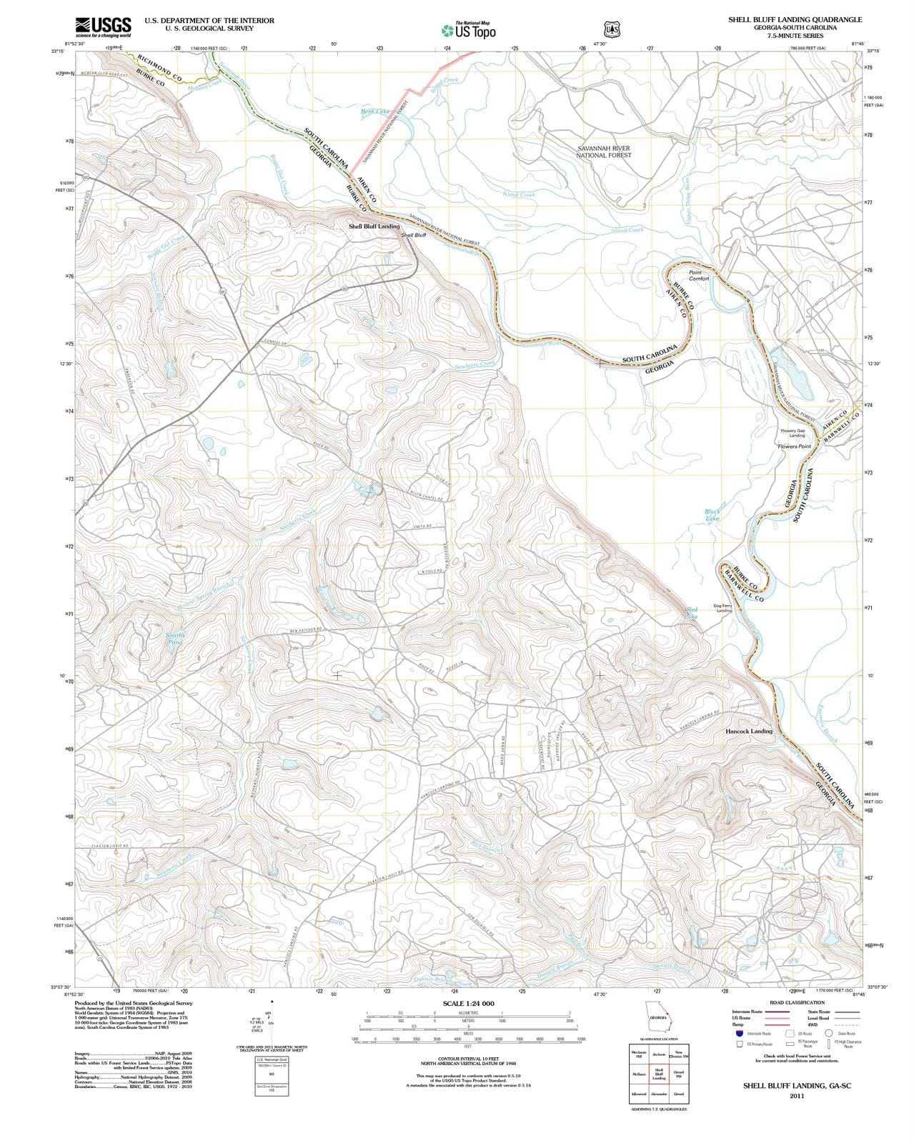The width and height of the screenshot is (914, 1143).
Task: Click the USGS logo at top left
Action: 103,27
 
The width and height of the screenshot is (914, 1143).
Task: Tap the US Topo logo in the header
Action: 469,30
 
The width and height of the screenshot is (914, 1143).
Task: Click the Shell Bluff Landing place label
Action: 374,226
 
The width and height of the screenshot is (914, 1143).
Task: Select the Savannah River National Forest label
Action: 603,151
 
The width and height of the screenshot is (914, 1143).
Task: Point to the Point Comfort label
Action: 699,276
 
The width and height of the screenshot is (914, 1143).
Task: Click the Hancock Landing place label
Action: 749,732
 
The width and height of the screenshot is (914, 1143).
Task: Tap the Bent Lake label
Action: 375,111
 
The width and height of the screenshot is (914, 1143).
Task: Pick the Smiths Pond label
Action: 175,639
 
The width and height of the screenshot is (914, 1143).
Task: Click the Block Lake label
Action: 712,515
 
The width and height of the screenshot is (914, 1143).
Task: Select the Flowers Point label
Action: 794,446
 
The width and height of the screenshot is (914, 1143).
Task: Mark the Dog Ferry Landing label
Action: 723,608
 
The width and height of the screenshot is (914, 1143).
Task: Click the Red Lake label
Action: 691,612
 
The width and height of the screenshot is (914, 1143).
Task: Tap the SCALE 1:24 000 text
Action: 468,1004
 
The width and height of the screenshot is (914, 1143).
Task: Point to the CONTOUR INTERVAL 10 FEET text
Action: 468,1059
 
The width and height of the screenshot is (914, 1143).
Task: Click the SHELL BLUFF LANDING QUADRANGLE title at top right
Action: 795,20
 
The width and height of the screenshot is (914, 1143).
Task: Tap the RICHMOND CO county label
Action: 159,68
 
